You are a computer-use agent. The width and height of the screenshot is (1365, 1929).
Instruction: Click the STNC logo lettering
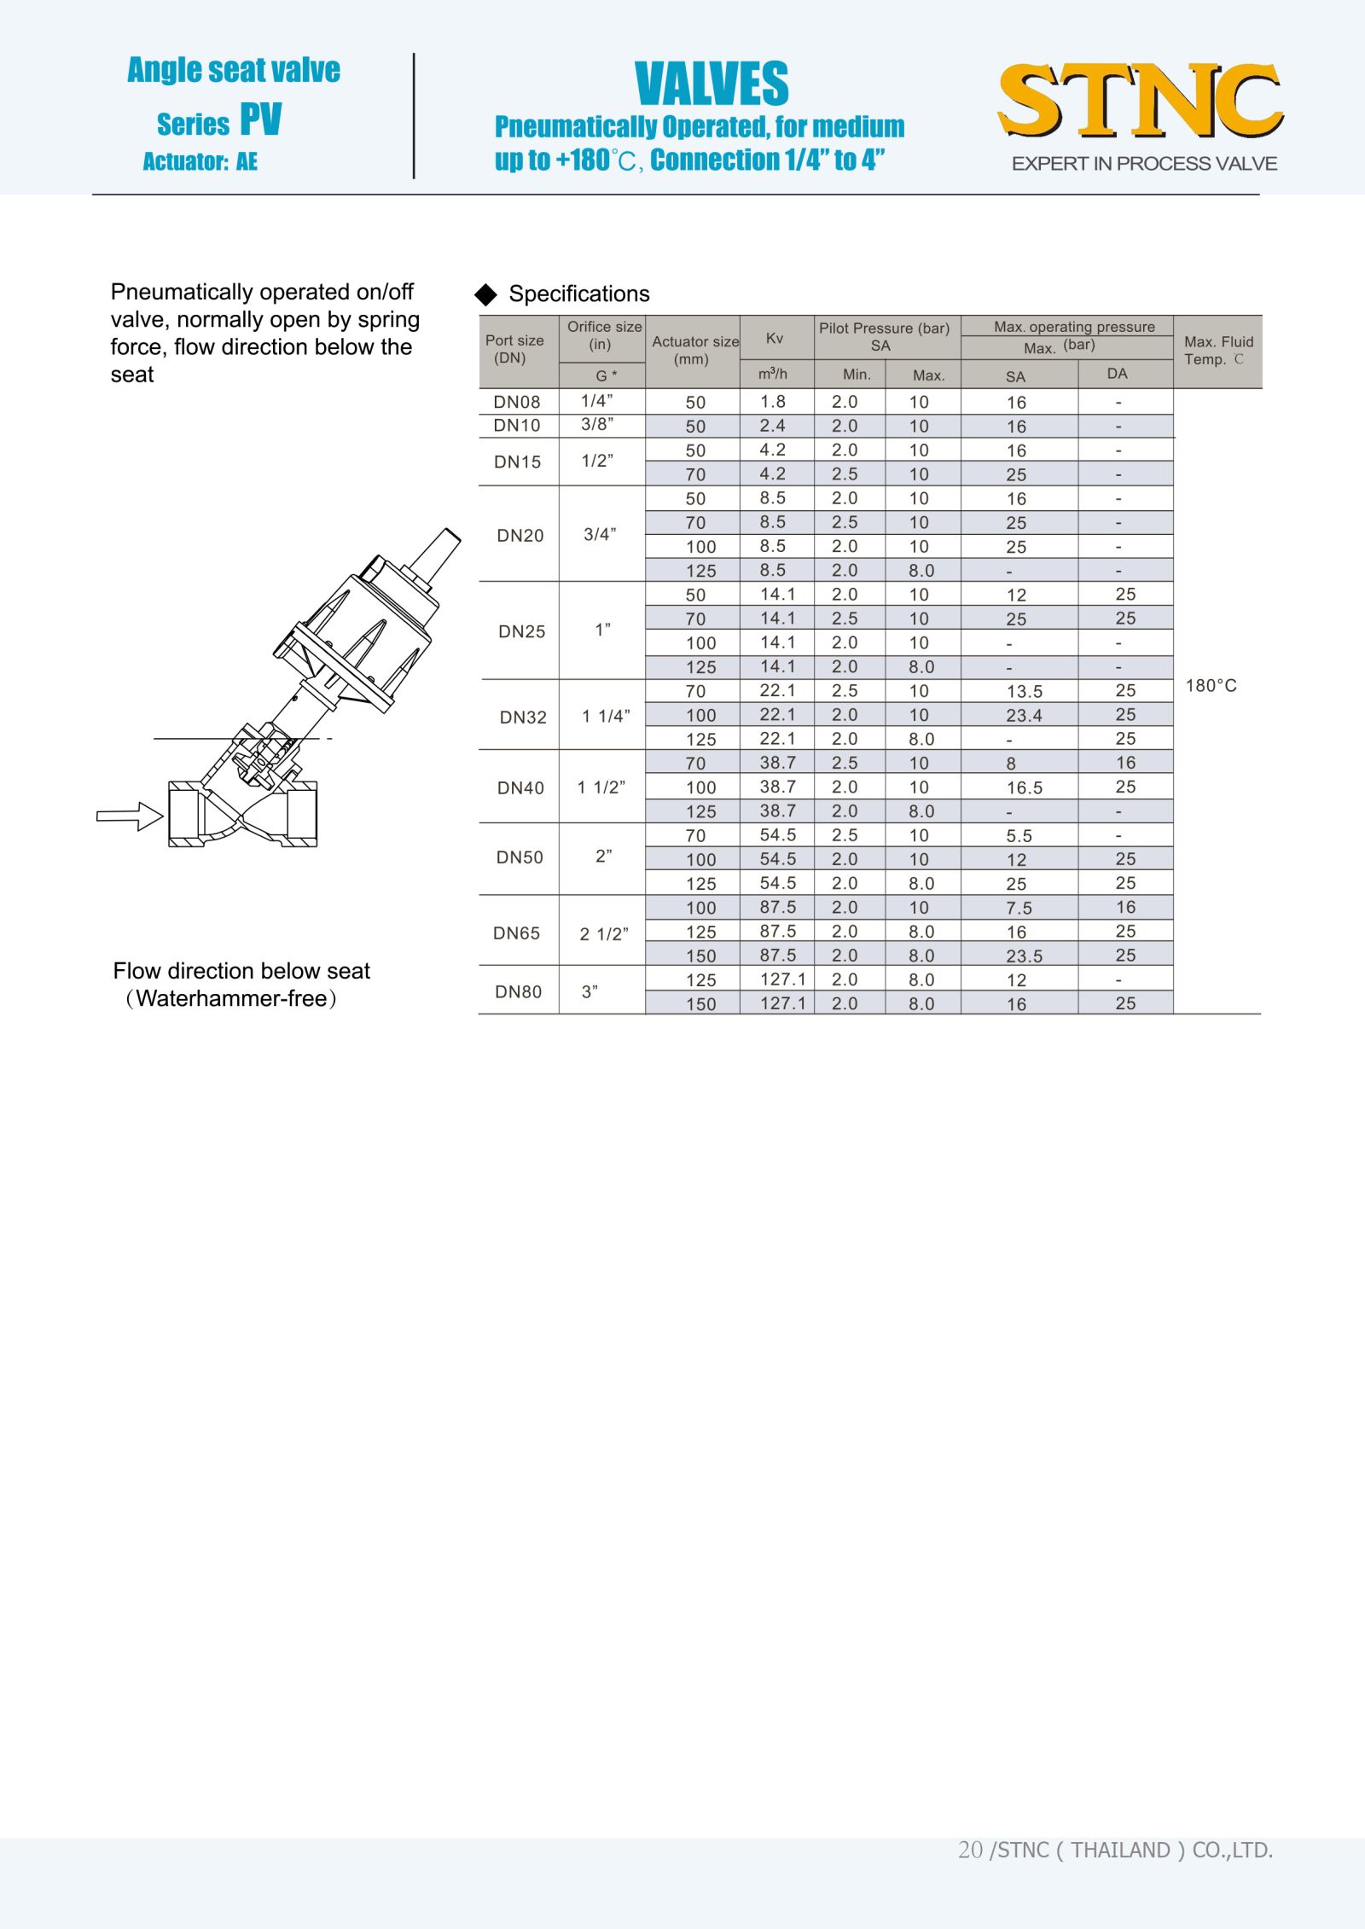[x=1141, y=100]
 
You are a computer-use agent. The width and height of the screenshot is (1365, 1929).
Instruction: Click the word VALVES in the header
[x=712, y=84]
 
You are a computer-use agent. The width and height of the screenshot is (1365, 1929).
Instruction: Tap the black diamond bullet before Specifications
[x=486, y=294]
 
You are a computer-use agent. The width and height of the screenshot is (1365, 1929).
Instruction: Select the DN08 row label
[x=517, y=402]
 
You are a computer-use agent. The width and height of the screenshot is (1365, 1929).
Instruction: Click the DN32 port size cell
[x=523, y=718]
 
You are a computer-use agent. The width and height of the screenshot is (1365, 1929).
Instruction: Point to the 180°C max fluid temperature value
[x=1211, y=686]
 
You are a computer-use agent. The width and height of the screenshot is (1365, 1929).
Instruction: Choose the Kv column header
[x=775, y=338]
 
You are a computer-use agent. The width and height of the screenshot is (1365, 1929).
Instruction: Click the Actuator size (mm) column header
[x=694, y=350]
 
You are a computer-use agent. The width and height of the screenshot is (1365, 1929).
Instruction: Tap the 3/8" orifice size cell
[x=597, y=425]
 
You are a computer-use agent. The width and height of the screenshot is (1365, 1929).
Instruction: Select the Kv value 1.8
[x=773, y=402]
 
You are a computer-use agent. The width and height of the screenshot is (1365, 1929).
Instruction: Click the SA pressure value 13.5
[x=1025, y=692]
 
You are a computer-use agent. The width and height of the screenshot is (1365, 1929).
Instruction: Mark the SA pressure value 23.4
[x=1025, y=716]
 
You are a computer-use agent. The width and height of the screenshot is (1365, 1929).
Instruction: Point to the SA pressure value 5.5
[x=1019, y=836]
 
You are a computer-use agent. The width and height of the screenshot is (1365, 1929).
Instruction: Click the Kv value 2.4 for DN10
[x=773, y=426]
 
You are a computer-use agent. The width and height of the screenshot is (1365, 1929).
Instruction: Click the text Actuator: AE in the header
[x=200, y=161]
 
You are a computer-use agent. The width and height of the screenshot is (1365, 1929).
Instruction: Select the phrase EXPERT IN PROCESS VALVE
[x=1144, y=164]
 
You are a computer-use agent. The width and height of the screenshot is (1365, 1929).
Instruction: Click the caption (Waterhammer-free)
[x=231, y=999]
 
